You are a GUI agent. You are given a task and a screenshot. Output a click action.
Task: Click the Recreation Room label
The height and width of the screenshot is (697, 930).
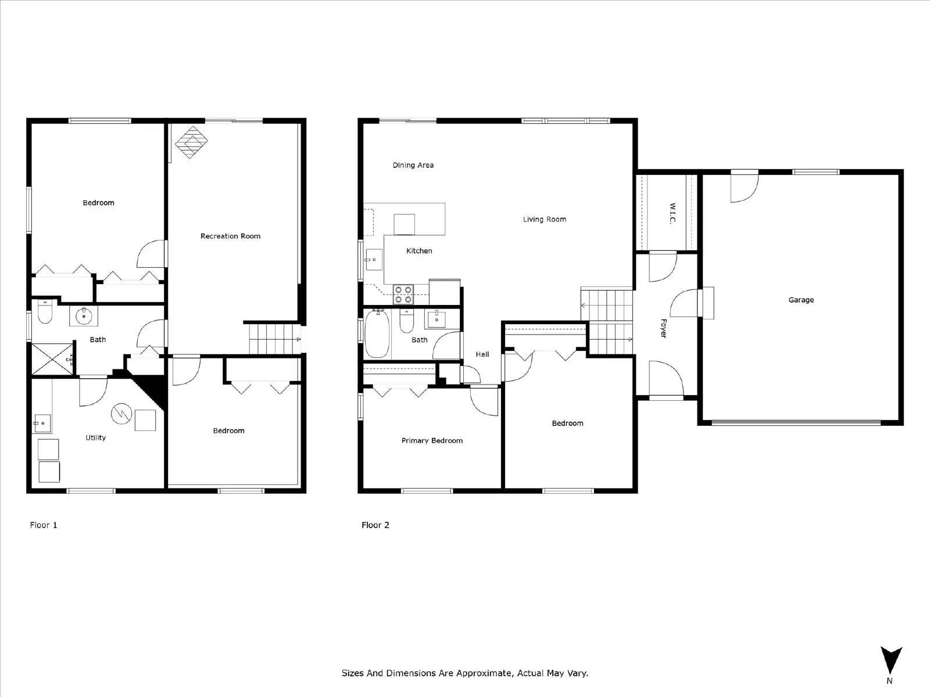coord(230,236)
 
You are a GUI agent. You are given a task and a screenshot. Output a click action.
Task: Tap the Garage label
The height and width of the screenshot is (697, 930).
coord(800,300)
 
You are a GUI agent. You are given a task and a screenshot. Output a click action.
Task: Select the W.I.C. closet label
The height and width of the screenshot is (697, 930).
coord(673,213)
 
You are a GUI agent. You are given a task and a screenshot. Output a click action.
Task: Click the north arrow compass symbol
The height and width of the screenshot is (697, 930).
coord(890,660)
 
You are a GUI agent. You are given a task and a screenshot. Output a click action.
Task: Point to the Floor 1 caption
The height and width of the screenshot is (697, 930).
coord(44,525)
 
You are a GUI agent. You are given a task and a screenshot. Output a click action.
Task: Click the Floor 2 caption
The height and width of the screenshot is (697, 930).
coord(375,525)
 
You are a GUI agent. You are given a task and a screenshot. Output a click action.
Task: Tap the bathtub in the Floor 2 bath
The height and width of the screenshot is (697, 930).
coord(377,335)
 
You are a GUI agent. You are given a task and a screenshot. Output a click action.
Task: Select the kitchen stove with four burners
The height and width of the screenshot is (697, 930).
coord(403,294)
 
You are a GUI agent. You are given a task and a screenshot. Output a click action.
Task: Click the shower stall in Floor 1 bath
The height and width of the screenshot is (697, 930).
coord(52,360)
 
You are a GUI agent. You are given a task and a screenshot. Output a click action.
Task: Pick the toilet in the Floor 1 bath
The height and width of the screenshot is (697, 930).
coord(45,312)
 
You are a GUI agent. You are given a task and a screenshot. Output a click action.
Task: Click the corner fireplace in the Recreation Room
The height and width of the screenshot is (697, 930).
coord(191,142)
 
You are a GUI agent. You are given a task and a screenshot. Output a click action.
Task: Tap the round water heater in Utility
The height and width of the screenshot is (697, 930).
coord(121,413)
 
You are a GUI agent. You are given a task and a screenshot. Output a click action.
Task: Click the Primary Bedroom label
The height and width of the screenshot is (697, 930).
coord(432,440)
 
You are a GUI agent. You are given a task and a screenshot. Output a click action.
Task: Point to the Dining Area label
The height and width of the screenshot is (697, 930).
coord(413,165)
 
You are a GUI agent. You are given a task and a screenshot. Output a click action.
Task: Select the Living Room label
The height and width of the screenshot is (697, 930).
coord(544,219)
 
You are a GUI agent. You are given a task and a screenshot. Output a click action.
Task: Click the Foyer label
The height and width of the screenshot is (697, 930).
coord(663,328)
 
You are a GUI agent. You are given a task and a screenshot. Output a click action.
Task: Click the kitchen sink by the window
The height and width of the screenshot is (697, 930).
coord(373,260)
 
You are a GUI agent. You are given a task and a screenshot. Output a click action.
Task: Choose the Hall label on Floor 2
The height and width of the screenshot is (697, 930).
coord(482,354)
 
